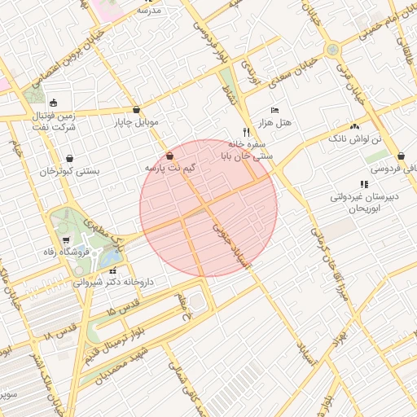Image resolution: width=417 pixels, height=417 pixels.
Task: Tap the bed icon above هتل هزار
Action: (x=274, y=110)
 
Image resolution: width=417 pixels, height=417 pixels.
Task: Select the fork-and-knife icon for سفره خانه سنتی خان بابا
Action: (x=245, y=132)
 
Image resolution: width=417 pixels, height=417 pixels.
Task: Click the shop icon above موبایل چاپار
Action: (x=135, y=110)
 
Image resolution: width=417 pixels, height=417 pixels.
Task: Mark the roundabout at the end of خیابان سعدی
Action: (x=332, y=50)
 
